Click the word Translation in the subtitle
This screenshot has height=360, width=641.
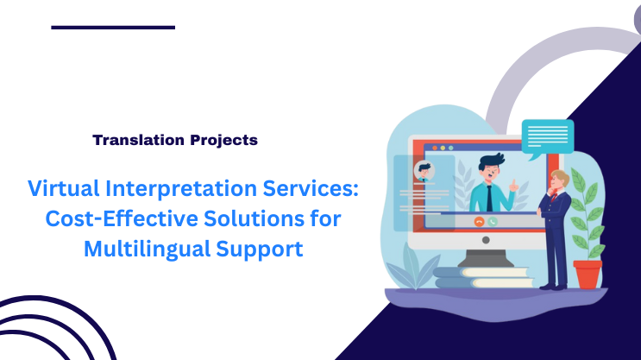pos(132,139)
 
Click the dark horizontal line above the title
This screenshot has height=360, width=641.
pos(113,28)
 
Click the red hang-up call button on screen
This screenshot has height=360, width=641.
pos(479,221)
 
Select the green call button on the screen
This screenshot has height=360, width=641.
pos(493,221)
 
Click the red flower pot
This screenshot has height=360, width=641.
pos(588,275)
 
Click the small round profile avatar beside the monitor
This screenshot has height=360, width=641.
pos(424,169)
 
